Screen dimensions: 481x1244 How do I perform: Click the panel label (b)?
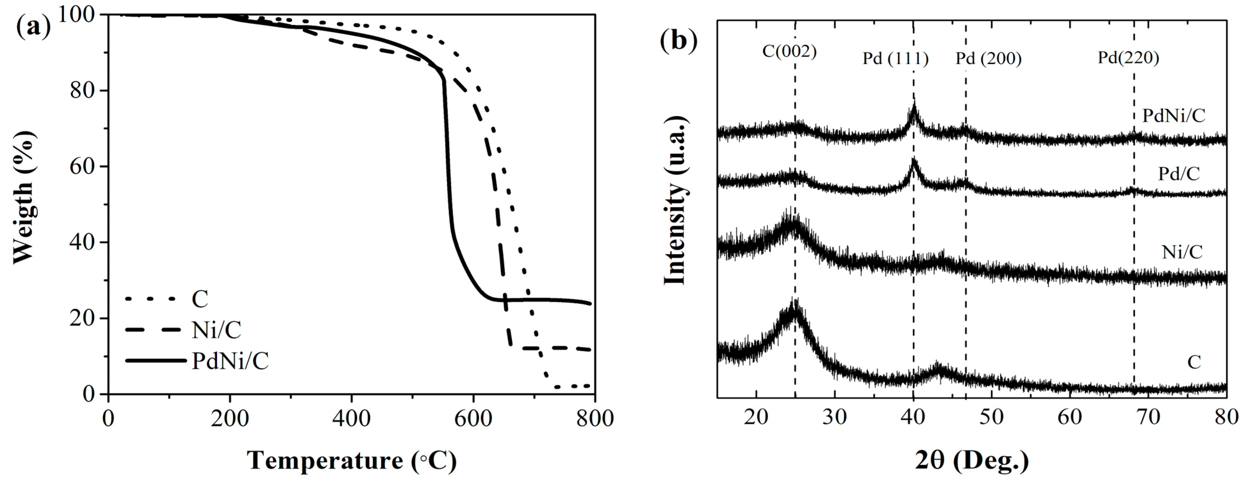[679, 40]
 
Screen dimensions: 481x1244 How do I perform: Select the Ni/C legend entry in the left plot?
[216, 330]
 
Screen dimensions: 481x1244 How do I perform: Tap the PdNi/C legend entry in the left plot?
[230, 361]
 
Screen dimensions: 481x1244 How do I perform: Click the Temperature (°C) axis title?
[352, 460]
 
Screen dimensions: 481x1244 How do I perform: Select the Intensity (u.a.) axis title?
[675, 201]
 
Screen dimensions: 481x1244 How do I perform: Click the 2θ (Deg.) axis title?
[971, 460]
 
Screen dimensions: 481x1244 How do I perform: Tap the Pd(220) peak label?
[1128, 57]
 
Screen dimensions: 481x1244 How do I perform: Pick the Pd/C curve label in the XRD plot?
[1179, 173]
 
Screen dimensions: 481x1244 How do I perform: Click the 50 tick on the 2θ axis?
[991, 417]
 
